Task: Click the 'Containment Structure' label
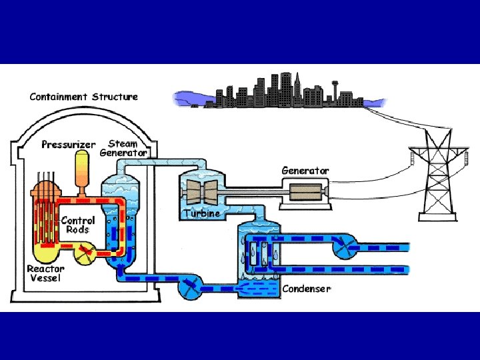[x=83, y=97]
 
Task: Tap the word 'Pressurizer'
[x=69, y=144]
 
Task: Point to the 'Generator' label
[x=305, y=171]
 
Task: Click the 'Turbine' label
[x=201, y=213]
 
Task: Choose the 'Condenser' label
[x=306, y=289]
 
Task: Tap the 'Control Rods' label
[x=78, y=225]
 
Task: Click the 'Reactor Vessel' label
[x=45, y=273]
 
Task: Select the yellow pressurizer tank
[x=83, y=169]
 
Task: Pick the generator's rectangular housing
[x=305, y=192]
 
